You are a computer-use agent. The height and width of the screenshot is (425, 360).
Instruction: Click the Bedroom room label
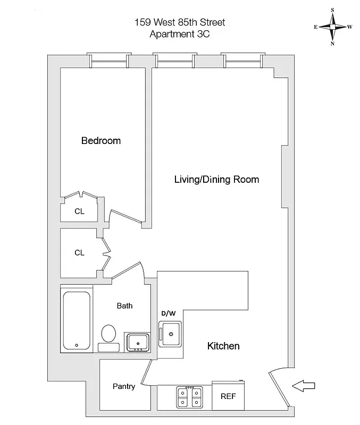point(101,141)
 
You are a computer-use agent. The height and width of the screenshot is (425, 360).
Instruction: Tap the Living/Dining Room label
point(216,179)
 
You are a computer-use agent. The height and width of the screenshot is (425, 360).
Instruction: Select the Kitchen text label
point(223,346)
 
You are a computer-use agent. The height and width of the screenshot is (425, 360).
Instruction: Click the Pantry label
point(123,386)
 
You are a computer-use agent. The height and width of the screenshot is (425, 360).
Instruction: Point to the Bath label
point(124,305)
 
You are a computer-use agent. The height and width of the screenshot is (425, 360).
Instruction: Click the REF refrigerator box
point(229,396)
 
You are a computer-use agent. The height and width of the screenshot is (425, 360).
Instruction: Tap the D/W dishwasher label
point(168,313)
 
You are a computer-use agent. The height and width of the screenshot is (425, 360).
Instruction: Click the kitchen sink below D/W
point(171,334)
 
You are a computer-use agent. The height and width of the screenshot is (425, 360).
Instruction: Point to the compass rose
point(332,27)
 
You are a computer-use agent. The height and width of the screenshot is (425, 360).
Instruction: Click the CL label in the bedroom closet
point(79,211)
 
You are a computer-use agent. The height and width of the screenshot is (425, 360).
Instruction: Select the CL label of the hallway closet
point(79,253)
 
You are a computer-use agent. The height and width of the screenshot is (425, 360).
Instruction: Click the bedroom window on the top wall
point(109,61)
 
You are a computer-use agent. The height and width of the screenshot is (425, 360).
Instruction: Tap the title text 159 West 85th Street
point(179,22)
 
